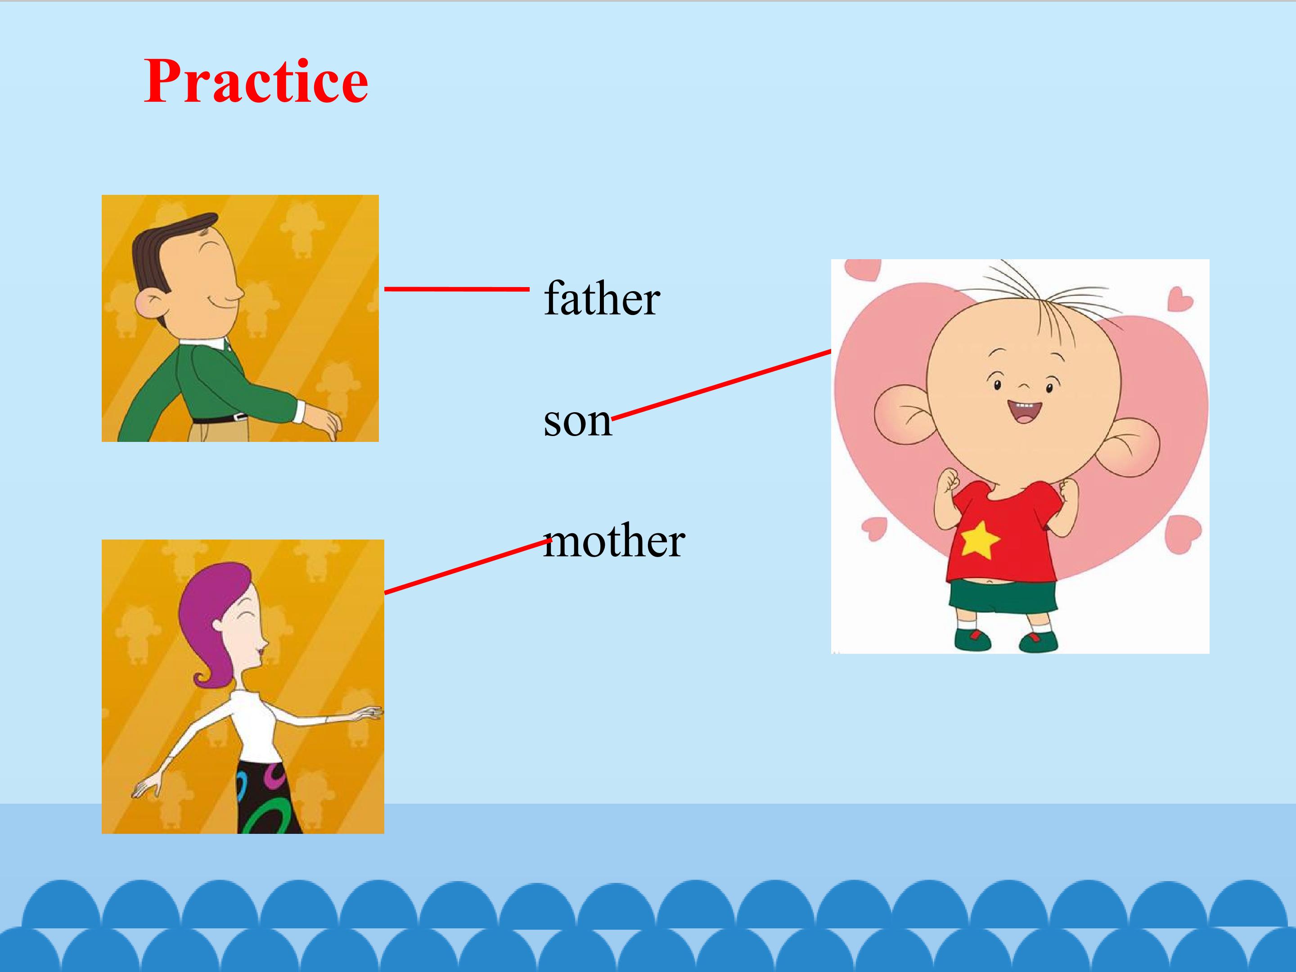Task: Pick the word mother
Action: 614,540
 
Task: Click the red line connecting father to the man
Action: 457,289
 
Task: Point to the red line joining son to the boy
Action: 721,384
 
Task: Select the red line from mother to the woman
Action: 468,567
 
